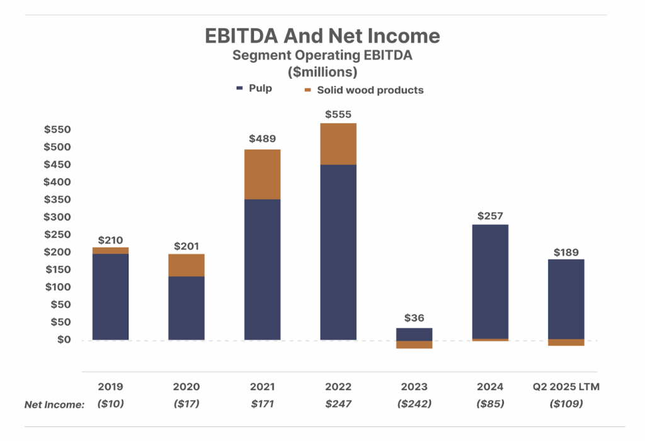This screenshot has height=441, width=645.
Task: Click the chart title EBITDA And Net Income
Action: point(322,35)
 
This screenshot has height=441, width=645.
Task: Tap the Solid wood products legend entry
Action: point(363,90)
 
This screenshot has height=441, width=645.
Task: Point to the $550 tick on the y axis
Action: point(57,130)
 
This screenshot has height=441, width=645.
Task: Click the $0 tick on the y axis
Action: point(62,339)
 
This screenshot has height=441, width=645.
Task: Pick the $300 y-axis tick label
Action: point(57,217)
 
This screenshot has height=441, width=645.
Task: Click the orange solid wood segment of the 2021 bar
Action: point(262,174)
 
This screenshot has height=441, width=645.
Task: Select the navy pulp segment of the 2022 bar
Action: point(338,252)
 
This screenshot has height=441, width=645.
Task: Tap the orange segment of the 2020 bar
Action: point(186,265)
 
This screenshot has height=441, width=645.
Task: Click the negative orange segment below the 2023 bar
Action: point(414,344)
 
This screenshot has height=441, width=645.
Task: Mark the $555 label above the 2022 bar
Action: point(338,115)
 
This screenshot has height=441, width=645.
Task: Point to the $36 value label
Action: point(414,318)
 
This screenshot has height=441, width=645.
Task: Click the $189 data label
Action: point(566,251)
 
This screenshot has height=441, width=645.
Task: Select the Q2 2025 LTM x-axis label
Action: point(566,387)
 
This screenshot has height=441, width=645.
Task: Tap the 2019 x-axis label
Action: point(110,387)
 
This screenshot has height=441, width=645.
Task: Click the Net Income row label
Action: point(54,404)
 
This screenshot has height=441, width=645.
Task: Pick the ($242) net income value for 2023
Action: point(414,404)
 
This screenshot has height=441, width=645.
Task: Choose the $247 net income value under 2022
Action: point(338,404)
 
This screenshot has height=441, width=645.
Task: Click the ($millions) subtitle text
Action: point(322,71)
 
